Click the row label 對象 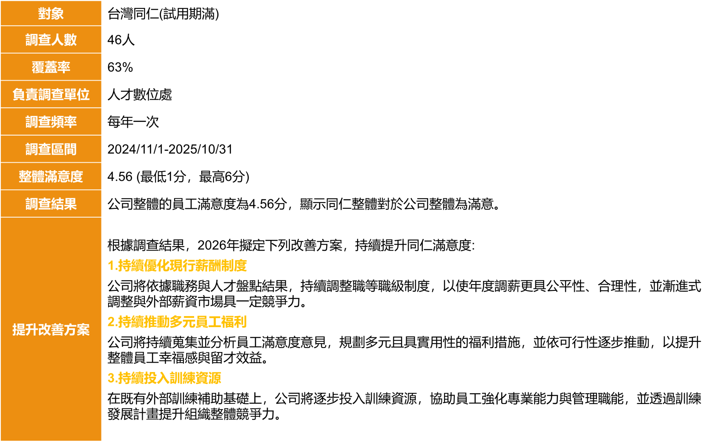pyautogui.click(x=51, y=13)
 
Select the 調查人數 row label pyautogui.click(x=51, y=40)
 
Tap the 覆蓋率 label pyautogui.click(x=51, y=67)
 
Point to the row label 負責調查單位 pyautogui.click(x=51, y=94)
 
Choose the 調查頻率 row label pyautogui.click(x=51, y=122)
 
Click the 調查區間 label pyautogui.click(x=51, y=149)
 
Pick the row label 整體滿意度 pyautogui.click(x=51, y=176)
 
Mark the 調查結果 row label pyautogui.click(x=51, y=204)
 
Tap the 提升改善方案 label pyautogui.click(x=51, y=329)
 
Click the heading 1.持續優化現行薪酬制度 pyautogui.click(x=177, y=266)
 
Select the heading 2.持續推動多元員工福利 pyautogui.click(x=177, y=322)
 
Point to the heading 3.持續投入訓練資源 pyautogui.click(x=164, y=378)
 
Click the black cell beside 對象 pyautogui.click(x=404, y=13)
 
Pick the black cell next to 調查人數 pyautogui.click(x=404, y=40)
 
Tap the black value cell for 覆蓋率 pyautogui.click(x=404, y=67)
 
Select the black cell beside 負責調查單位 pyautogui.click(x=404, y=94)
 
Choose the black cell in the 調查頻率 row pyautogui.click(x=404, y=122)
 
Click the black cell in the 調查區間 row pyautogui.click(x=404, y=149)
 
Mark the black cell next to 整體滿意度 pyautogui.click(x=404, y=176)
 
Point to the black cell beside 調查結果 pyautogui.click(x=404, y=204)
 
